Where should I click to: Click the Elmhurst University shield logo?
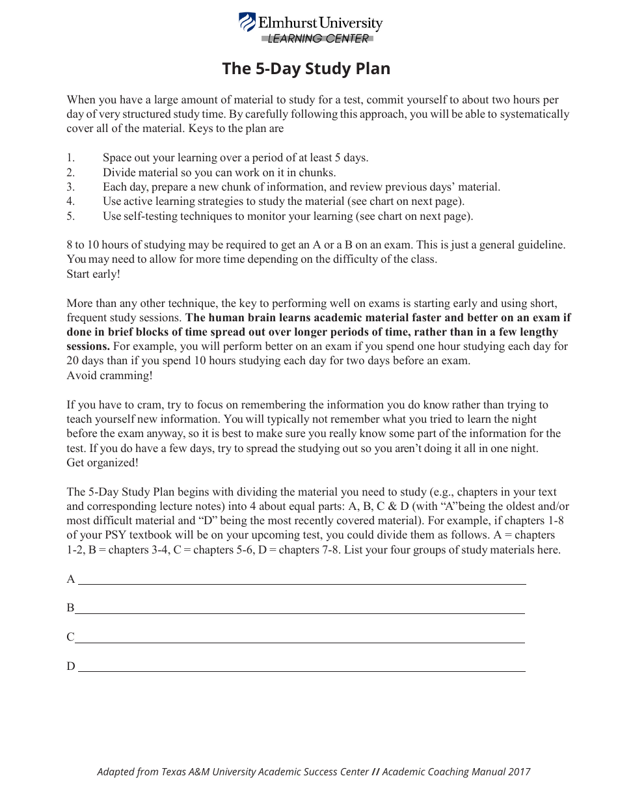click(247, 23)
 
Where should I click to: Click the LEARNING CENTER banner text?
click(318, 39)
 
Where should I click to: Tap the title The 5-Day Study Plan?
click(306, 69)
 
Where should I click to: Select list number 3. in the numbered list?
click(71, 187)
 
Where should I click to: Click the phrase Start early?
click(93, 274)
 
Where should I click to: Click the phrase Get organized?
click(102, 462)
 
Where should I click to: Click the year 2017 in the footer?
click(519, 772)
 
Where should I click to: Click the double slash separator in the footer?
click(375, 772)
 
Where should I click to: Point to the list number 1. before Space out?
click(71, 158)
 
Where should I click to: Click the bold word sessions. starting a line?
click(88, 347)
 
